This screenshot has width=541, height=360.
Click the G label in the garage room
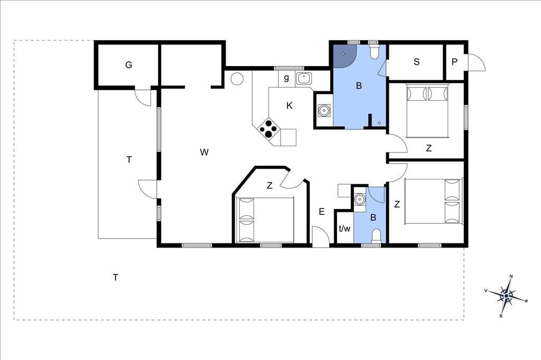click(x=129, y=64)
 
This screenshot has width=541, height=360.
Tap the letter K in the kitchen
click(x=290, y=106)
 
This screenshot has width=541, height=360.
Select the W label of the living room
click(x=204, y=152)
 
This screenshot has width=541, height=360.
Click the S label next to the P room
click(x=416, y=62)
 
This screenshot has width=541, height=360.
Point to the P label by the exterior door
click(x=454, y=62)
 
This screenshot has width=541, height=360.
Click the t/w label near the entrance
click(x=344, y=228)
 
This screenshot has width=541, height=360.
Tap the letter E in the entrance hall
click(x=322, y=212)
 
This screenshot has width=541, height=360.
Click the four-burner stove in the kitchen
click(x=268, y=129)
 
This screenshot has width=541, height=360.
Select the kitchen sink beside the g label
click(x=304, y=79)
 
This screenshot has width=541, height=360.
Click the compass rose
click(x=506, y=296)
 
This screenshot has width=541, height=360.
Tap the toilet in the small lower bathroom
click(x=376, y=236)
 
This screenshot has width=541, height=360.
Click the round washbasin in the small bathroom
click(x=359, y=199)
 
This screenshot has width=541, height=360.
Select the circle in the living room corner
click(x=237, y=78)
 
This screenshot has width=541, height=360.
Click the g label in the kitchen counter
click(x=286, y=78)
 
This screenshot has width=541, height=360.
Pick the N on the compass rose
click(x=511, y=276)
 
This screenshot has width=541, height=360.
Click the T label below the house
click(x=116, y=277)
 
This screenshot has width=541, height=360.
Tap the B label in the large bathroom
click(x=359, y=86)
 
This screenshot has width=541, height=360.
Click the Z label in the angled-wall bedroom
click(x=269, y=185)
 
